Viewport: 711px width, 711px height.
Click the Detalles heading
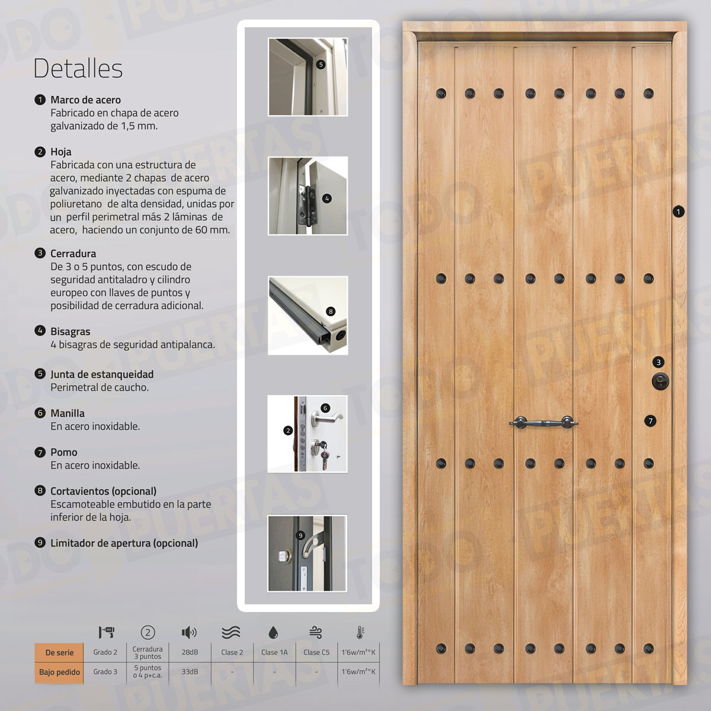click(78, 68)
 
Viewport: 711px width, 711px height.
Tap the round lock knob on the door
click(658, 381)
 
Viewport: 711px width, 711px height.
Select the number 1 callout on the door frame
click(678, 211)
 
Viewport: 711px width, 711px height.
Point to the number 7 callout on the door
click(651, 421)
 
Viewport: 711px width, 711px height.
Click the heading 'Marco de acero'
click(85, 100)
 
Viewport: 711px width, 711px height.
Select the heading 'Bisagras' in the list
click(70, 331)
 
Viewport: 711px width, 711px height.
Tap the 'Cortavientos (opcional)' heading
click(103, 491)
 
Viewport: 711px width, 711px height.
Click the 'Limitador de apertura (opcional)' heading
click(124, 543)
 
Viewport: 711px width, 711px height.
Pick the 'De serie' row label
click(59, 652)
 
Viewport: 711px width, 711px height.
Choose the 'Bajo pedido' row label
click(59, 672)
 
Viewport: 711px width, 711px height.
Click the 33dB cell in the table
click(190, 672)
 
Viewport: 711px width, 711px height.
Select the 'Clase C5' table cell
click(316, 652)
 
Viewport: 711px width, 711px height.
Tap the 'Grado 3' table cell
click(105, 672)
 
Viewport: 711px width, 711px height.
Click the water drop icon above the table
click(273, 632)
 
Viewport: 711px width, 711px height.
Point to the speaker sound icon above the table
click(189, 632)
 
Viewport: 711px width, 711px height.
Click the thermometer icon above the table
click(359, 632)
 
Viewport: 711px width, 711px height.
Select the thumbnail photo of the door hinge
click(308, 196)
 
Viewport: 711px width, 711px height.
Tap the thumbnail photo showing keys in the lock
click(308, 434)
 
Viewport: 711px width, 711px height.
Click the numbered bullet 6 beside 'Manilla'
click(40, 413)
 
